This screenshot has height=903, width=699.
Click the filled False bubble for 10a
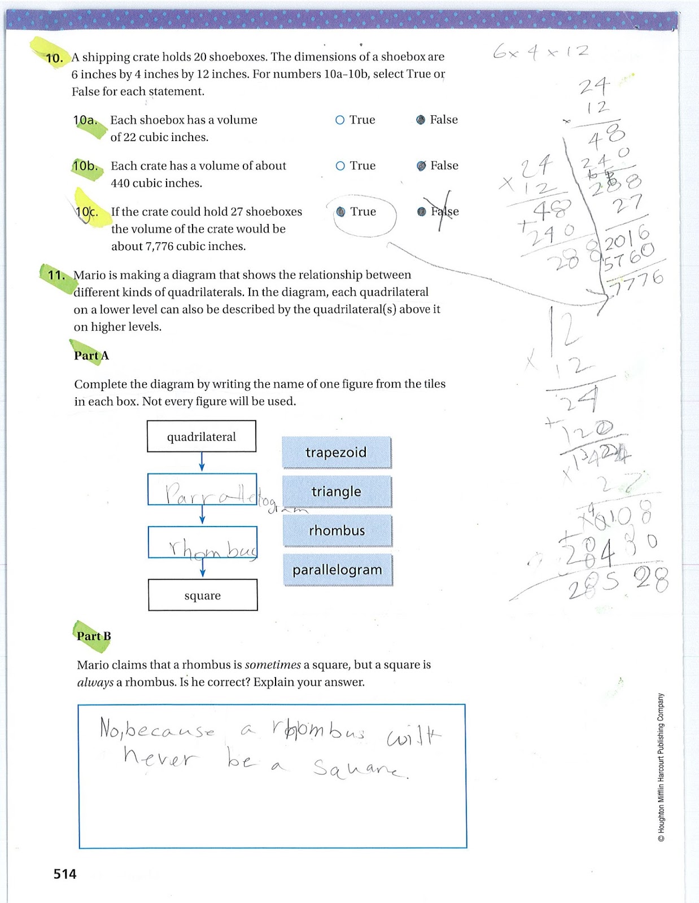(x=421, y=120)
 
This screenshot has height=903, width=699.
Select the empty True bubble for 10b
(x=340, y=166)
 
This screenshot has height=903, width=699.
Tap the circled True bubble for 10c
(x=340, y=212)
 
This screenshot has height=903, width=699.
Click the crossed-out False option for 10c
(x=439, y=212)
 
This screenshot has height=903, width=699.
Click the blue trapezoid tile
(x=337, y=452)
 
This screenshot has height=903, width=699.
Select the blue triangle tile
(x=337, y=491)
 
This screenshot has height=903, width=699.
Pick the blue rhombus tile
(x=337, y=531)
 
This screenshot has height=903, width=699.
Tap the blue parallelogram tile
(x=338, y=570)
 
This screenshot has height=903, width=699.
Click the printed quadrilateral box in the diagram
(x=202, y=436)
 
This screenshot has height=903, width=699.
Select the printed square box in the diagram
(x=203, y=595)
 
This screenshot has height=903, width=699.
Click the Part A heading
(x=91, y=356)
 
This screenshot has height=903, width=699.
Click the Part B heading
(x=94, y=636)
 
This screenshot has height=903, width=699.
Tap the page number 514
(x=65, y=874)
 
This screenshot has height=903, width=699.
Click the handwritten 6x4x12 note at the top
(x=540, y=52)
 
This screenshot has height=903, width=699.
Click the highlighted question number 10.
(x=54, y=58)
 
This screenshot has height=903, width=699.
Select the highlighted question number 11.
(x=56, y=275)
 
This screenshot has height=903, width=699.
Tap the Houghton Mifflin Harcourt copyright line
(x=661, y=768)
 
